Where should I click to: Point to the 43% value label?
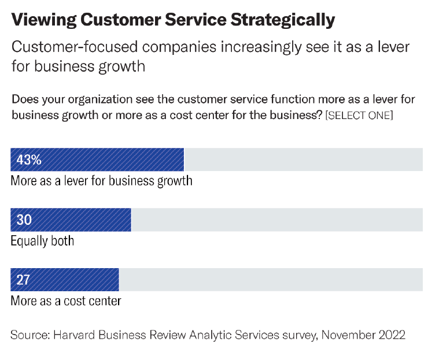[x=28, y=160]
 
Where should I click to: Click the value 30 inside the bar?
[x=24, y=220]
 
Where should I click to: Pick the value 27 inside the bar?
[x=23, y=280]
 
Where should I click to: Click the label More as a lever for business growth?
[x=101, y=180]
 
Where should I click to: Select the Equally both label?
[x=42, y=240]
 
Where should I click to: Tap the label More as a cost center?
[x=66, y=300]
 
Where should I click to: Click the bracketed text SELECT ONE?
[x=359, y=115]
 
